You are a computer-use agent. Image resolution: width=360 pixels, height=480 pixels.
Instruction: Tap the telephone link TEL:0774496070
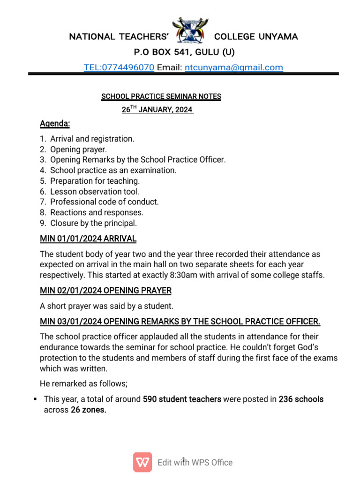(119, 67)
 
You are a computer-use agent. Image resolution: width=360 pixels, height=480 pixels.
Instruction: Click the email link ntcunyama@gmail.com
(234, 67)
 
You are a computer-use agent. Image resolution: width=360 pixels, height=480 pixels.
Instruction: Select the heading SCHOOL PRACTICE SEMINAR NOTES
(161, 97)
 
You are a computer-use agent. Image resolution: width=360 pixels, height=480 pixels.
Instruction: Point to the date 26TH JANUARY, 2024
(157, 110)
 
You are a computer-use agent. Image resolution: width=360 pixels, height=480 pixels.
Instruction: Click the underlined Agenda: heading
(55, 124)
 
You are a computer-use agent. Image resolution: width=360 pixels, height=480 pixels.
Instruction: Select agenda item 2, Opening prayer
(78, 150)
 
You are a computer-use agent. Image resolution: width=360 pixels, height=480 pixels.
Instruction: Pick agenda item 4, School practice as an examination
(113, 171)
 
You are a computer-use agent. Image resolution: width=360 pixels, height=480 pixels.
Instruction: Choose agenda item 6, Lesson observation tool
(94, 192)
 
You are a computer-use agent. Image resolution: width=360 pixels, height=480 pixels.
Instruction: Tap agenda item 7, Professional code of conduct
(104, 202)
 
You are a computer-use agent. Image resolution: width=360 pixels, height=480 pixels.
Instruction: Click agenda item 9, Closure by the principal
(93, 223)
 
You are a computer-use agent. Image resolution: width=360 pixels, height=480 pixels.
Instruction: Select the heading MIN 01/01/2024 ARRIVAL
(88, 239)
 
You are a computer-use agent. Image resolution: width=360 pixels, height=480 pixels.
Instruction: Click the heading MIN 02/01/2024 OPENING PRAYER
(105, 291)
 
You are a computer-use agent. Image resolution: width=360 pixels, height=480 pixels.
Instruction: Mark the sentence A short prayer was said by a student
(106, 307)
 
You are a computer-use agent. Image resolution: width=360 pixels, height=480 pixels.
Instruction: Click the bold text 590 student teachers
(182, 399)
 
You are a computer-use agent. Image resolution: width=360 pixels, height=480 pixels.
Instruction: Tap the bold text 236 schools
(301, 399)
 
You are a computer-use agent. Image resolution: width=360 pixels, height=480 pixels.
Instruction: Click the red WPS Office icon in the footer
(142, 462)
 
